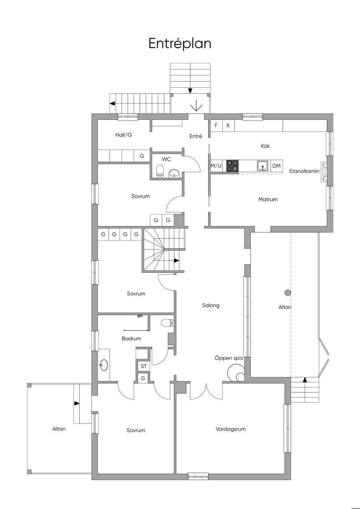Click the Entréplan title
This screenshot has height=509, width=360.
(x=180, y=44)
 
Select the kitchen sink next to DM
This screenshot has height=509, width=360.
(x=263, y=166)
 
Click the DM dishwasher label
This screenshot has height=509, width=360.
(x=276, y=166)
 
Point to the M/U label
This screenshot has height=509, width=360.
(x=216, y=166)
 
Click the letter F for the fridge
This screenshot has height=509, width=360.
(x=216, y=125)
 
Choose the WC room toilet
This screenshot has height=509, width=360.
(x=160, y=171)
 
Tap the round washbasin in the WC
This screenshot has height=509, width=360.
(x=174, y=174)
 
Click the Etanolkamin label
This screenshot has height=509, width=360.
(x=304, y=171)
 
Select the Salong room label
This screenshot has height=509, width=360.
(x=211, y=305)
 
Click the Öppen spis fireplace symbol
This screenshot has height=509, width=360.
(x=236, y=373)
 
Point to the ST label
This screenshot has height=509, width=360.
(x=144, y=366)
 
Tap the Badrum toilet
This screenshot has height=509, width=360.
(x=167, y=323)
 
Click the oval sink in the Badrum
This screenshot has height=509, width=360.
(x=104, y=365)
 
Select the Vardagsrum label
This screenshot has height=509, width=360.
(x=231, y=429)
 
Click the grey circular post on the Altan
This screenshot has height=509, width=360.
(x=288, y=293)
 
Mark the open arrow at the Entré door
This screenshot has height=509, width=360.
(x=196, y=107)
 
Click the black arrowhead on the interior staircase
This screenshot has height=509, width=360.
(x=176, y=260)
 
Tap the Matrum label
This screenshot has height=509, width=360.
(x=268, y=200)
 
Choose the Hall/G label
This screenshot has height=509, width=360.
(x=123, y=135)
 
